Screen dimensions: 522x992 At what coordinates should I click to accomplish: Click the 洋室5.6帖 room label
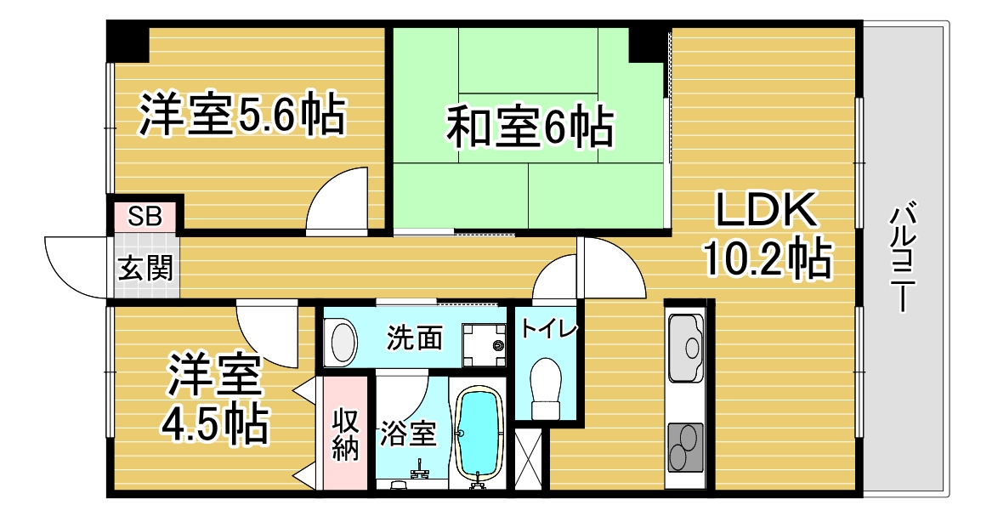click(242, 116)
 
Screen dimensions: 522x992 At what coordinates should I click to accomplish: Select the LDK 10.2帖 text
click(764, 236)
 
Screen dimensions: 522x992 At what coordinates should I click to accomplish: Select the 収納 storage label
click(345, 434)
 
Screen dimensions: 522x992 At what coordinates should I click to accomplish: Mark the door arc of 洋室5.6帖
click(339, 200)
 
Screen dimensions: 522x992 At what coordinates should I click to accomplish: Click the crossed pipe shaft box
click(528, 460)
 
